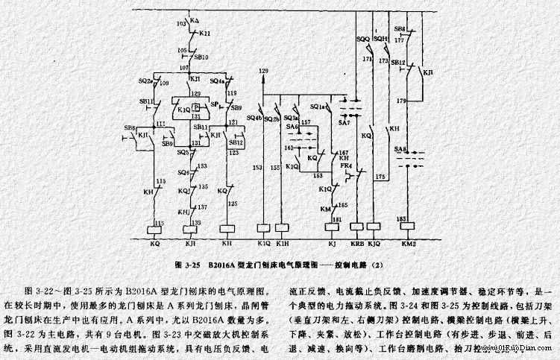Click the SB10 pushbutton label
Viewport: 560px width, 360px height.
201,57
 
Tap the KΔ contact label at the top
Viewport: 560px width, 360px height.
195,16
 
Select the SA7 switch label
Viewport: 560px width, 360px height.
344,121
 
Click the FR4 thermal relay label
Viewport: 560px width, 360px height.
345,165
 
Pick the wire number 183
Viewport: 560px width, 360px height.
403,218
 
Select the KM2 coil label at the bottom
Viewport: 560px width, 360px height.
408,243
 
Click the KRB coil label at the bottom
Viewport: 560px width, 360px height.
356,243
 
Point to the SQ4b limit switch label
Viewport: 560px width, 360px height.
254,118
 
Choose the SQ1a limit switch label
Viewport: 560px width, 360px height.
316,107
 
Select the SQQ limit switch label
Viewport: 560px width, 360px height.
363,37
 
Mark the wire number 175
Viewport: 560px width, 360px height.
380,177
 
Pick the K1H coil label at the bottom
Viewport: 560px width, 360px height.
282,243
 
